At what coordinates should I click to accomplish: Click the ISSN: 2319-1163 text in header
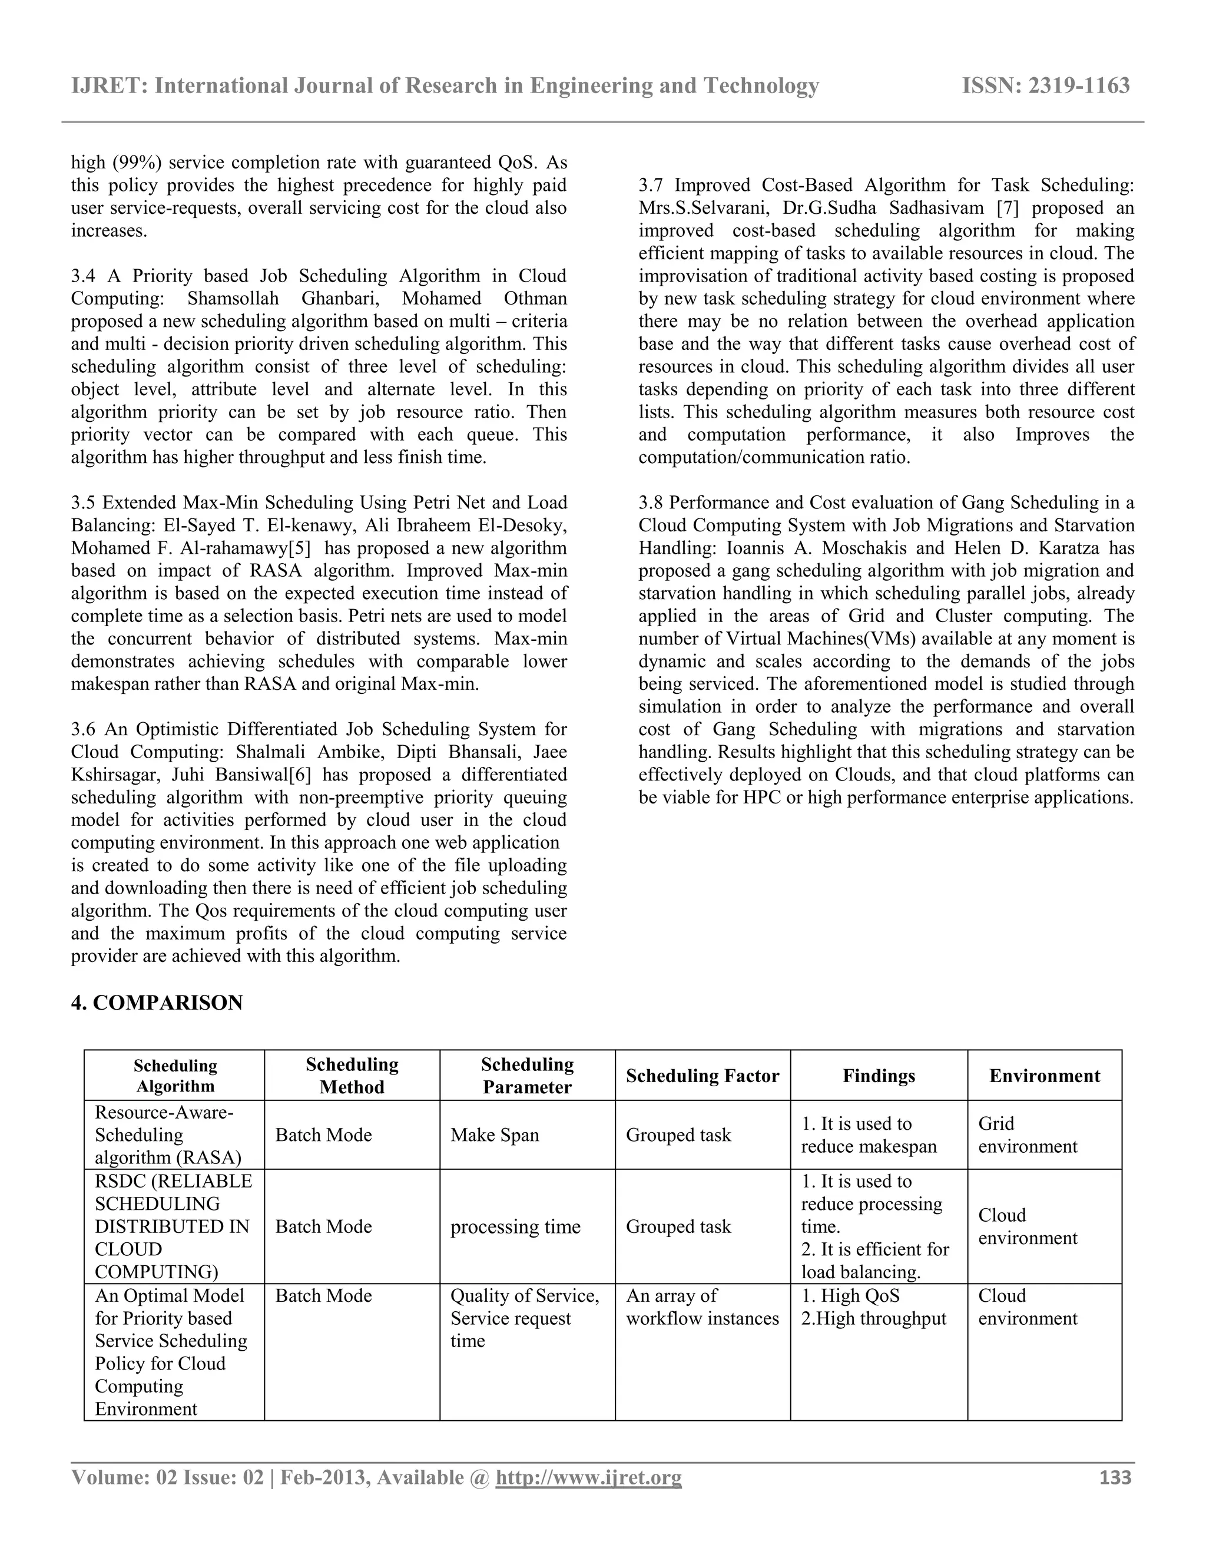(1046, 86)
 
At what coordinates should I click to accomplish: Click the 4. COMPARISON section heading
(157, 1003)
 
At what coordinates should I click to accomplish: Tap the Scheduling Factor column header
(703, 1076)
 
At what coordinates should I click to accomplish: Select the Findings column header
(878, 1076)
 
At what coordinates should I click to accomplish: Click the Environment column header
(1044, 1076)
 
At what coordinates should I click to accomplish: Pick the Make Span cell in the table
(495, 1135)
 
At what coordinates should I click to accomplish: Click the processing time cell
(515, 1227)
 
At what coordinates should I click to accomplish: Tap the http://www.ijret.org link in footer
(588, 1477)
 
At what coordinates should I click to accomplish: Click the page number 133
(1115, 1477)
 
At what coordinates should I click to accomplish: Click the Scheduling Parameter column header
(526, 1076)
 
